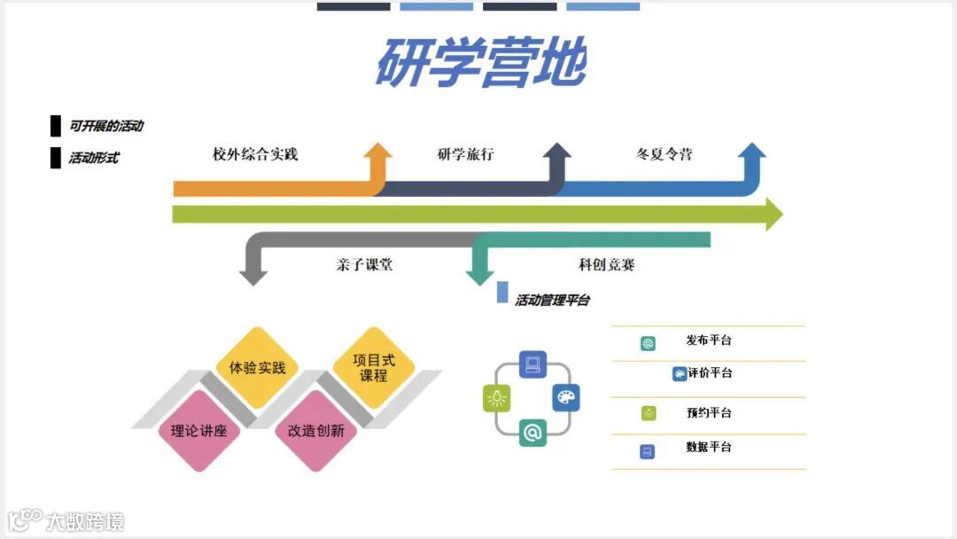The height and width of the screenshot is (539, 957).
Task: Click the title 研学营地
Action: (480, 62)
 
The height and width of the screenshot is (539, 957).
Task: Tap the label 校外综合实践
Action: (255, 154)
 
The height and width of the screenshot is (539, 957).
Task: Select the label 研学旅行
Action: (465, 154)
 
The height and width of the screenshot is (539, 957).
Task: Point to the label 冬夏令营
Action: (664, 154)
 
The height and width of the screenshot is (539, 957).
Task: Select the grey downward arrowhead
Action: (253, 276)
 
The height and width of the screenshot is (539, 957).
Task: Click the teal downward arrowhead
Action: (479, 276)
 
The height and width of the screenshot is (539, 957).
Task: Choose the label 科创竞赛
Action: (606, 264)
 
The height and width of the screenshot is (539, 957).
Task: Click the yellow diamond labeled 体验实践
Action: (257, 367)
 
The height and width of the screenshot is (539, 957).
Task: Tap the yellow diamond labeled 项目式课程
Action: (374, 367)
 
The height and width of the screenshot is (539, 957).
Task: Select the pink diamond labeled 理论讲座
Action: (199, 432)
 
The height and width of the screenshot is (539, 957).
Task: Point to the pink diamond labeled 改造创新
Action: (315, 432)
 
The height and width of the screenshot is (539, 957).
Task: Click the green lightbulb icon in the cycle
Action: (497, 399)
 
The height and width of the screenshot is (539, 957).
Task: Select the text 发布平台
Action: (709, 340)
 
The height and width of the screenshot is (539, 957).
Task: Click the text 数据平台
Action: (709, 447)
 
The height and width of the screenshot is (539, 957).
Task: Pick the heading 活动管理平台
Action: (553, 300)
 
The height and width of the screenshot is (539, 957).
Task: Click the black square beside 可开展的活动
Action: (56, 125)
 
